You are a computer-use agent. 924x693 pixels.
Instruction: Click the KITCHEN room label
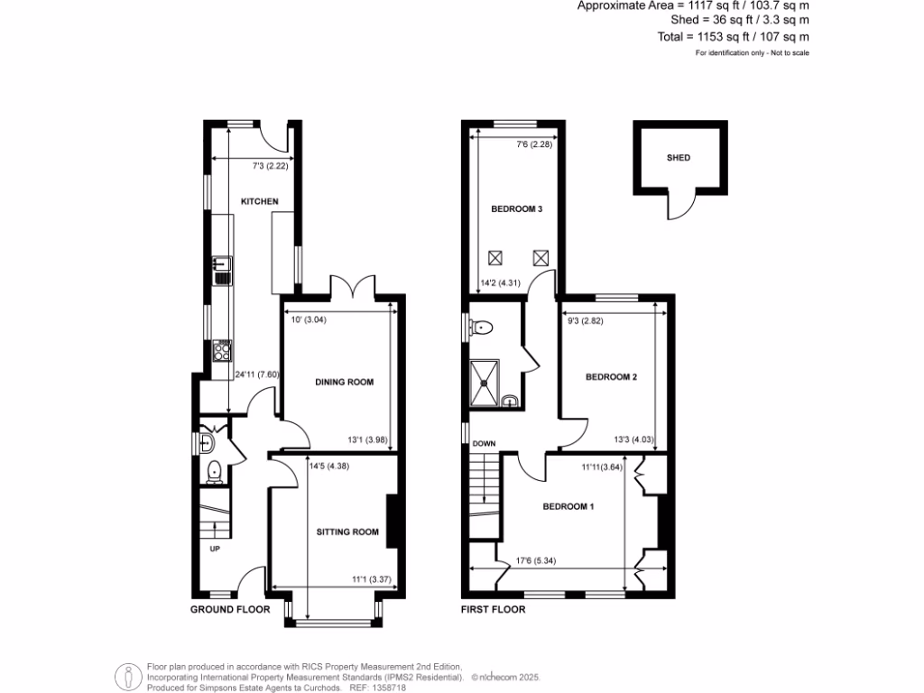(x=259, y=201)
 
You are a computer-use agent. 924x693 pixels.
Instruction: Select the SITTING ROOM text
(x=346, y=531)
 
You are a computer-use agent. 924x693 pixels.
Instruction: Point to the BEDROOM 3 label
(x=516, y=209)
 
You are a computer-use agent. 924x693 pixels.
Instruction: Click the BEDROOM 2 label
(x=612, y=376)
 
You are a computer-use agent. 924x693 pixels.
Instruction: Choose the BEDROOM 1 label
(x=568, y=506)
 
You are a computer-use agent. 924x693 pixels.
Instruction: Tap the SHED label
(x=678, y=158)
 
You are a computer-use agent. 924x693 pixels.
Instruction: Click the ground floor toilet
(x=215, y=469)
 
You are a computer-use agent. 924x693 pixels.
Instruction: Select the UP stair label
(x=215, y=548)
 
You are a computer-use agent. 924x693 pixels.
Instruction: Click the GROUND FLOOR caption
(x=230, y=609)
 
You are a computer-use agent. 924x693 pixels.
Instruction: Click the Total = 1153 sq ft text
(x=733, y=37)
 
